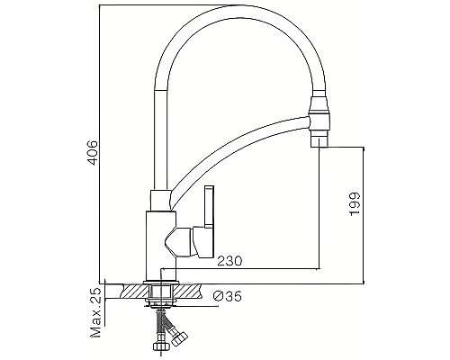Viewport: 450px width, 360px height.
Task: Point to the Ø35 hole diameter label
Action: (x=226, y=296)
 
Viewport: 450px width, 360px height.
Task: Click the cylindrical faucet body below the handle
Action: (x=160, y=243)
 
